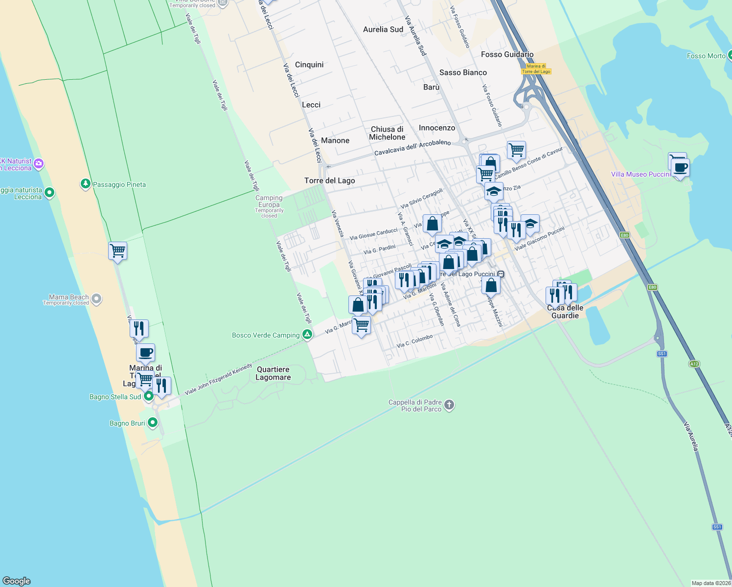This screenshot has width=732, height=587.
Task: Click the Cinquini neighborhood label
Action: click(309, 65)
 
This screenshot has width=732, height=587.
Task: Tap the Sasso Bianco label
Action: click(463, 72)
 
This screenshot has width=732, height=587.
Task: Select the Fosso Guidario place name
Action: click(507, 54)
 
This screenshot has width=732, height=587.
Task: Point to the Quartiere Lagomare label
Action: click(273, 373)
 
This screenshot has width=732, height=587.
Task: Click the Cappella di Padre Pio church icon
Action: click(449, 405)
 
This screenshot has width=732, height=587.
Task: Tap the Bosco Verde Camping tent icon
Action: click(307, 335)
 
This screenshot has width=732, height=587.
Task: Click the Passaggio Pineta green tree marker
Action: click(86, 184)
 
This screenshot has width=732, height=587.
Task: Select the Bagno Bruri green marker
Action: click(153, 423)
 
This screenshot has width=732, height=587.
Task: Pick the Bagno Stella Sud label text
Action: click(115, 397)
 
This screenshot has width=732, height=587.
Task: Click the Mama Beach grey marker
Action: click(96, 299)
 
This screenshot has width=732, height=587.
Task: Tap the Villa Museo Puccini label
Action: click(640, 174)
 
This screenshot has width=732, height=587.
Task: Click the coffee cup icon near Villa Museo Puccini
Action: click(680, 168)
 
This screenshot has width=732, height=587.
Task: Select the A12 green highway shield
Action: click(694, 363)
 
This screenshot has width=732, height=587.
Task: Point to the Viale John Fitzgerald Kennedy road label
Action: click(218, 379)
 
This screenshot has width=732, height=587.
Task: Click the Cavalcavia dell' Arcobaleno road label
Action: click(412, 148)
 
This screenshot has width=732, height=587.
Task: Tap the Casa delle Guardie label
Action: click(565, 312)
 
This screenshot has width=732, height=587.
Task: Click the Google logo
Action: click(17, 581)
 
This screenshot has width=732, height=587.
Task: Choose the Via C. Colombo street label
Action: click(414, 341)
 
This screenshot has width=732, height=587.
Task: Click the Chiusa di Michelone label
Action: click(387, 133)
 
